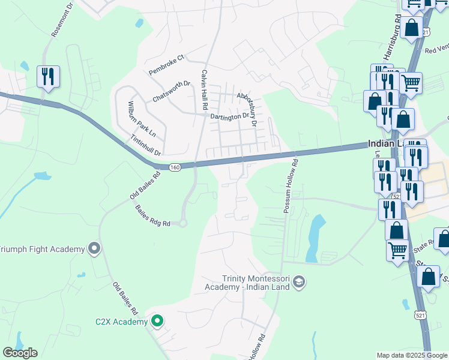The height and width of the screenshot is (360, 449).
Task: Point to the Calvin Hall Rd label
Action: [204, 89]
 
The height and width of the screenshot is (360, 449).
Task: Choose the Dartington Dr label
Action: [229, 116]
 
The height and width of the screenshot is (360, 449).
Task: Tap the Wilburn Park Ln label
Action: [137, 119]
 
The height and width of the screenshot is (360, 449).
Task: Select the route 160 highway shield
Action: [174, 167]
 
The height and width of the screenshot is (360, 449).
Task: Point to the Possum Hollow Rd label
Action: [291, 185]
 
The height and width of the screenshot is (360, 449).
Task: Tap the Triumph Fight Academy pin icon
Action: [94, 248]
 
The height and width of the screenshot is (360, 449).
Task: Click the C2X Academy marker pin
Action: [157, 322]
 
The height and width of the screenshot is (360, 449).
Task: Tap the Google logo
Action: [20, 353]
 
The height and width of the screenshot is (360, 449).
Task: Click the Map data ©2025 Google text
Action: [411, 355]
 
